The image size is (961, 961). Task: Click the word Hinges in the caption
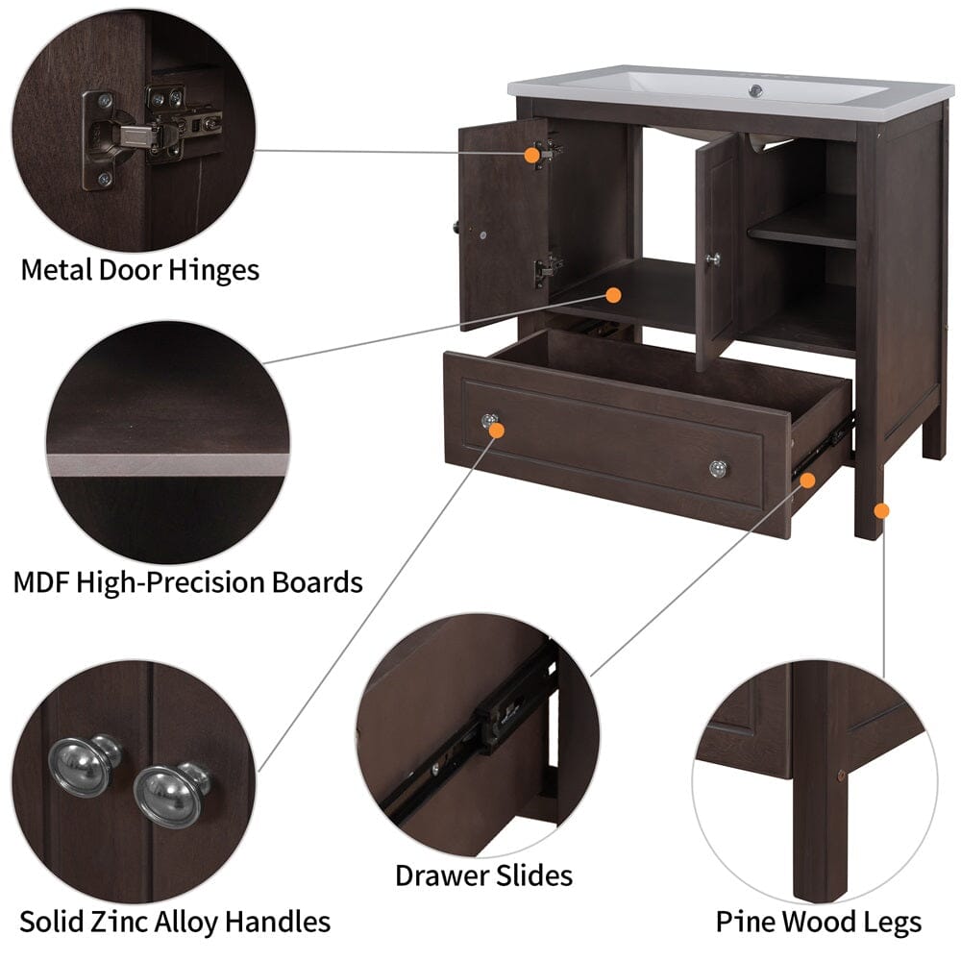tap(209, 270)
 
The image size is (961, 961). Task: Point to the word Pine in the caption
tap(746, 923)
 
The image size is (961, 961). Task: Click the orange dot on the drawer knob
tap(497, 430)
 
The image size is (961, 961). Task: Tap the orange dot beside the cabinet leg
tap(882, 510)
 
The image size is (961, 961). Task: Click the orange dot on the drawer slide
tap(808, 479)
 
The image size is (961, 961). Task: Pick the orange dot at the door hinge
tap(531, 155)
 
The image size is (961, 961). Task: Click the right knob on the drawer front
tap(718, 468)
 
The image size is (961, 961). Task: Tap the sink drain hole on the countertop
tap(756, 90)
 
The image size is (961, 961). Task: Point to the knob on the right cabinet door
tap(712, 259)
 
